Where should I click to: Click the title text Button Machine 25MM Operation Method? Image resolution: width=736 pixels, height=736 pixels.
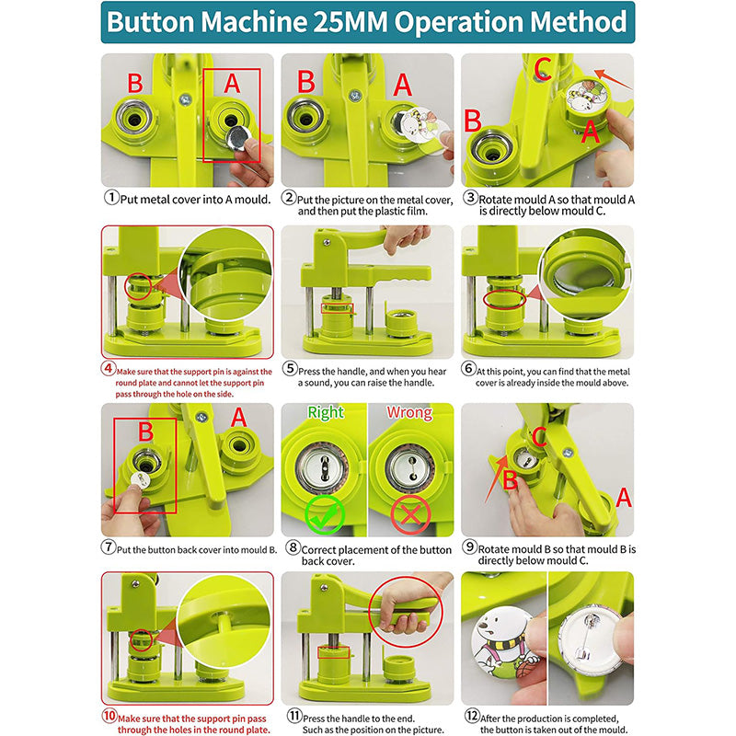pos(367,22)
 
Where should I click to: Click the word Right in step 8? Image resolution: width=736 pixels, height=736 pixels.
pos(325,413)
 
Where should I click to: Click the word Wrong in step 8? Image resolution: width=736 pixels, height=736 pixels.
pos(409,413)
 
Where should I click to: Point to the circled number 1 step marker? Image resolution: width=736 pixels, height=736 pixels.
pos(109,197)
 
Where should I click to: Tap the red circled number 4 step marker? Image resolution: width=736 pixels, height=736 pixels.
pos(108,370)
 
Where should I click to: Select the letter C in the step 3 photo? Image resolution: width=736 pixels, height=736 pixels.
pos(543,69)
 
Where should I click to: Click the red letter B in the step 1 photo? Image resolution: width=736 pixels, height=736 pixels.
pos(134,82)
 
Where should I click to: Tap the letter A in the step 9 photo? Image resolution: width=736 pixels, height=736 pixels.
pos(624,498)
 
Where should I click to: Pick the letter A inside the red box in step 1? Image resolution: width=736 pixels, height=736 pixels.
pos(232,83)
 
